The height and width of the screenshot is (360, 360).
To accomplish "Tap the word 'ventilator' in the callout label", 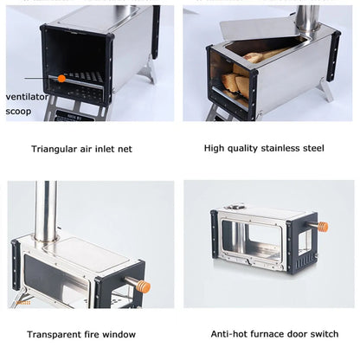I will [26, 96].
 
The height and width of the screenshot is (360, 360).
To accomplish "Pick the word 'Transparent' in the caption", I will [55, 334].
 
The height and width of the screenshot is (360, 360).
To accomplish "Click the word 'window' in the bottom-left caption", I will [120, 334].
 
